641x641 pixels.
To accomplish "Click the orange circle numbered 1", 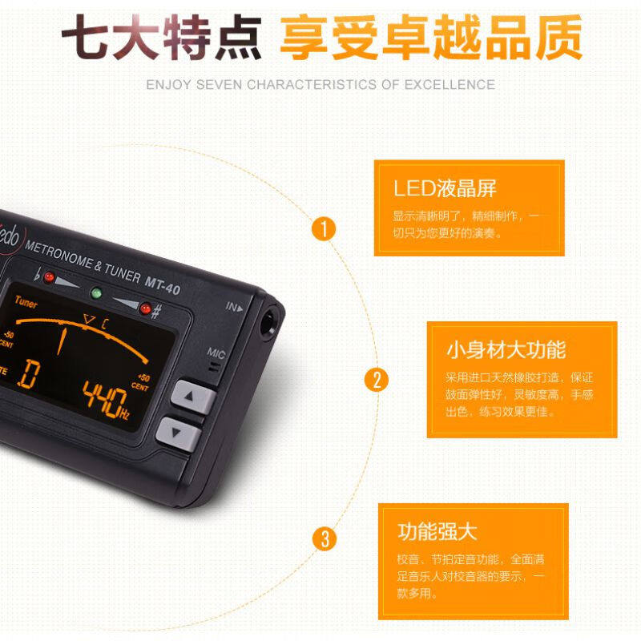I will (324, 229).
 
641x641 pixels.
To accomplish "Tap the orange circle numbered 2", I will (376, 379).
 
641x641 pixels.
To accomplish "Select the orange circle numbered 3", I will (324, 538).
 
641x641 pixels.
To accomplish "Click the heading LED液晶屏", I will (445, 188).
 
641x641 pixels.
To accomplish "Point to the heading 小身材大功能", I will (506, 349).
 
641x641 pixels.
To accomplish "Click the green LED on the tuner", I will (97, 292).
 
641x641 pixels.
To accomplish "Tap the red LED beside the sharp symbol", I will (145, 308).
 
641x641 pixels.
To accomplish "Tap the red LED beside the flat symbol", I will (49, 277).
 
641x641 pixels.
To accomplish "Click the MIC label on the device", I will (216, 352).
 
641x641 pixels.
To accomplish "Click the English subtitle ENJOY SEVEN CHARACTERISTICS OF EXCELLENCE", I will (320, 84).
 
